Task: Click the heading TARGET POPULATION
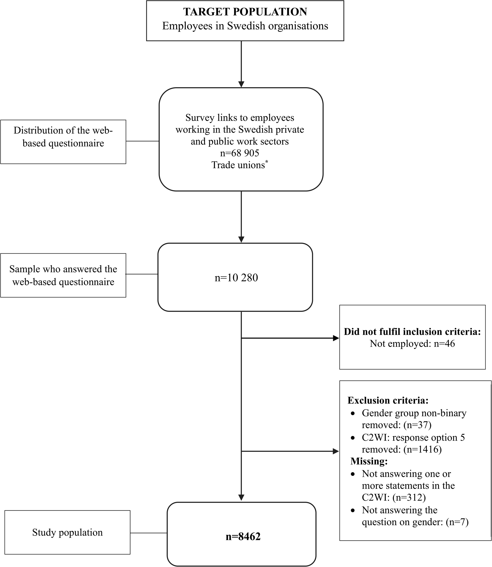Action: coord(245,12)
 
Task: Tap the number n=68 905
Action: coord(240,153)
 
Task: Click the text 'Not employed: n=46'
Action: coord(412,344)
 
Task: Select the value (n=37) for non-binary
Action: coord(417,425)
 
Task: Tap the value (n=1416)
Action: coord(422,450)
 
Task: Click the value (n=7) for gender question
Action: coord(457,522)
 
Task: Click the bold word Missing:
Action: coord(369,461)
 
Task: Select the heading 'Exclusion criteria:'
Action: coord(388,401)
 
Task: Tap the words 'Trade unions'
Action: coord(238,165)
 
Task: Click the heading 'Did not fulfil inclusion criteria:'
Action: coord(412,332)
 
